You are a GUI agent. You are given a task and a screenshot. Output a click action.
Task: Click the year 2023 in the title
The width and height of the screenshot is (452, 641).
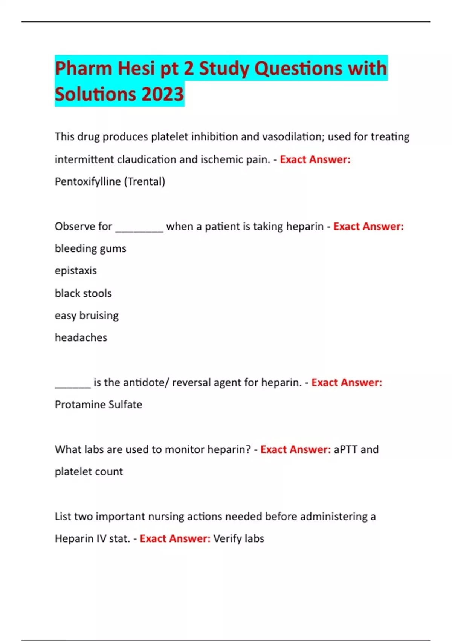pos(162,94)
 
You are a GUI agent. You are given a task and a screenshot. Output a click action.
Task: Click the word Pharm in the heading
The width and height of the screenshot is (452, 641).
pos(84,69)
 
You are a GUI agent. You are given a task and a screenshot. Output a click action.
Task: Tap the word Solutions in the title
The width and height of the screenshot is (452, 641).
pos(95,94)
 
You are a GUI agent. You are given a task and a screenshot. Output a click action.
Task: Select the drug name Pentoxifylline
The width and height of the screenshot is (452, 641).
pos(88,182)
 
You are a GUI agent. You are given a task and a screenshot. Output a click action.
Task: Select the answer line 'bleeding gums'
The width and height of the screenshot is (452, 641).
pos(90,248)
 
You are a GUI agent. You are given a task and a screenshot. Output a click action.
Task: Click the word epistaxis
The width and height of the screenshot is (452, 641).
pos(76,271)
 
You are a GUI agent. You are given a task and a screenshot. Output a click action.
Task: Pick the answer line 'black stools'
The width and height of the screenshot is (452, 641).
pos(83,293)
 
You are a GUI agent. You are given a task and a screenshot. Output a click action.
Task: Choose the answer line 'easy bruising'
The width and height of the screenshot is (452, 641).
pos(87,315)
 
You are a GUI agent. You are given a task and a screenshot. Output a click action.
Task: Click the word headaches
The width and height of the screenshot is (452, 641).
pos(81,337)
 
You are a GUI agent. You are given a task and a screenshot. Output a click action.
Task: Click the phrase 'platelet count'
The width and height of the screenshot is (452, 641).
pos(89,472)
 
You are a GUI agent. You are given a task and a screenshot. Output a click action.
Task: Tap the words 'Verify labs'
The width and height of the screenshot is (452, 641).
pos(238,538)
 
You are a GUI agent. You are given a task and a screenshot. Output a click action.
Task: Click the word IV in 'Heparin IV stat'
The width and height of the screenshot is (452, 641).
pos(101,538)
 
